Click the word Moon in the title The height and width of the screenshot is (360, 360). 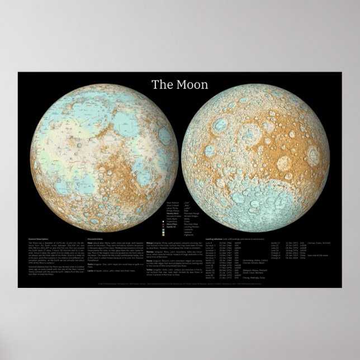point(194,85)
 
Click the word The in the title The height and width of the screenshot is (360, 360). point(162,85)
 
